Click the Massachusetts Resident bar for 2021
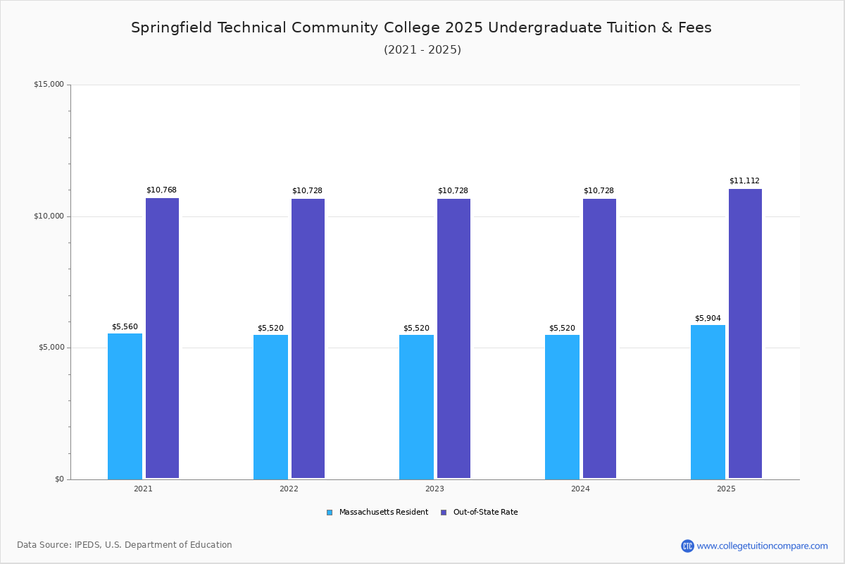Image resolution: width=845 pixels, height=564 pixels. click(125, 406)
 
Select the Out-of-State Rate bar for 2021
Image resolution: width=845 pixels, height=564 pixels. click(162, 338)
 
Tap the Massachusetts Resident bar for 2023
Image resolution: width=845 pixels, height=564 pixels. click(416, 407)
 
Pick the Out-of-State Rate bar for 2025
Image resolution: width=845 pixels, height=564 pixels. click(745, 333)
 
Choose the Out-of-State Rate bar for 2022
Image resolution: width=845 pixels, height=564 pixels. click(308, 338)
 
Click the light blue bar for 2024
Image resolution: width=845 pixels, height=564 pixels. click(562, 407)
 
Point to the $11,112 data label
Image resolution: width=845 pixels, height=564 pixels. click(744, 181)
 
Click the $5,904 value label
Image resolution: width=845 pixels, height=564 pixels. click(708, 318)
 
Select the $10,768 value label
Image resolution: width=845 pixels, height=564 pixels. click(161, 190)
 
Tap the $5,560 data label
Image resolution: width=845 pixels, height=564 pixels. click(125, 327)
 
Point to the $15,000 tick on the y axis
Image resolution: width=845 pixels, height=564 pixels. click(49, 85)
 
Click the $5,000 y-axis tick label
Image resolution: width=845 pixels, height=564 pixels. click(51, 348)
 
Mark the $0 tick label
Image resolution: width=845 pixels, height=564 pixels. click(59, 479)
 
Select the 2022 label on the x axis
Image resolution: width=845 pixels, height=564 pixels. click(289, 489)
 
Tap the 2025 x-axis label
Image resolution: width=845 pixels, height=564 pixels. click(726, 489)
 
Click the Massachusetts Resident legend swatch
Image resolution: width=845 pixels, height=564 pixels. click(330, 513)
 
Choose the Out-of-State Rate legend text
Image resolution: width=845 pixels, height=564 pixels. click(485, 513)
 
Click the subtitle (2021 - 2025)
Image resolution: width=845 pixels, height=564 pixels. click(423, 50)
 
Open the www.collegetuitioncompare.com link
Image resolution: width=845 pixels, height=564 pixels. click(762, 546)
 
